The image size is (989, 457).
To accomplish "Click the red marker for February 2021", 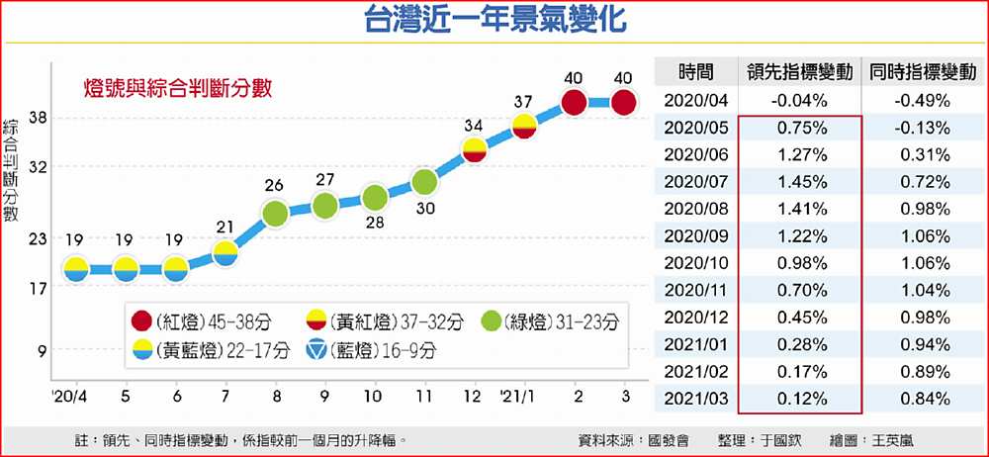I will click(573, 102).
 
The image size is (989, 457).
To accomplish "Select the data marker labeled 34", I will click(474, 150).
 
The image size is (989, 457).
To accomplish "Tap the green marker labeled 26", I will click(275, 212).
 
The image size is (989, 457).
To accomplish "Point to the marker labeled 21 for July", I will click(225, 253).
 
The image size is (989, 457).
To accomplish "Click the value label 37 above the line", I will click(524, 101).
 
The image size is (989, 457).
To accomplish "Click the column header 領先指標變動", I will click(800, 72).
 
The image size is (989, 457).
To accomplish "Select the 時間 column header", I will click(695, 72).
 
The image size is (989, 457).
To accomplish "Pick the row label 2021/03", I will click(695, 400).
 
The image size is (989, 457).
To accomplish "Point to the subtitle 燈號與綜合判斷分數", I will click(176, 87).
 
